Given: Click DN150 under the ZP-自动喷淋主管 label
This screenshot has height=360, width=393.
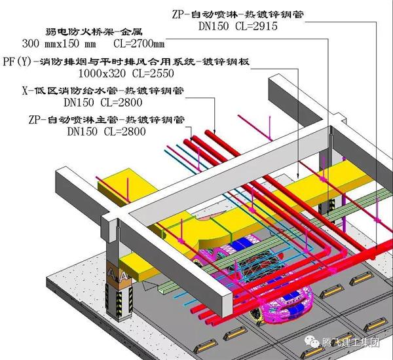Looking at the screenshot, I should click(84, 130).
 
